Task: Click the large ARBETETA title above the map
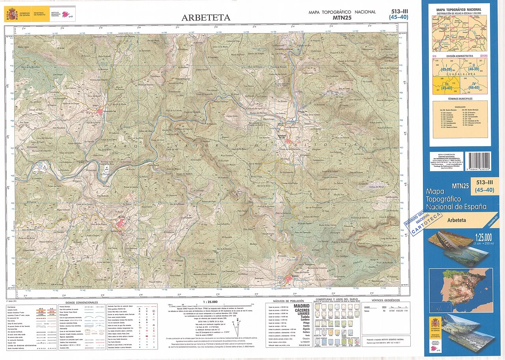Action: (x=206, y=18)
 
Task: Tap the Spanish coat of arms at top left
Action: (x=11, y=15)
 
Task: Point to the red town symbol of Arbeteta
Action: (x=289, y=278)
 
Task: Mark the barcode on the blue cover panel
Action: (x=478, y=161)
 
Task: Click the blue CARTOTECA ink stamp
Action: (x=426, y=223)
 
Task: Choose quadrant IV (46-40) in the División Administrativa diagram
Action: (x=474, y=85)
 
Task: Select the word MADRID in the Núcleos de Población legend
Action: (x=302, y=306)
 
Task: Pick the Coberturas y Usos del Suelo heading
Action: (x=337, y=300)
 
